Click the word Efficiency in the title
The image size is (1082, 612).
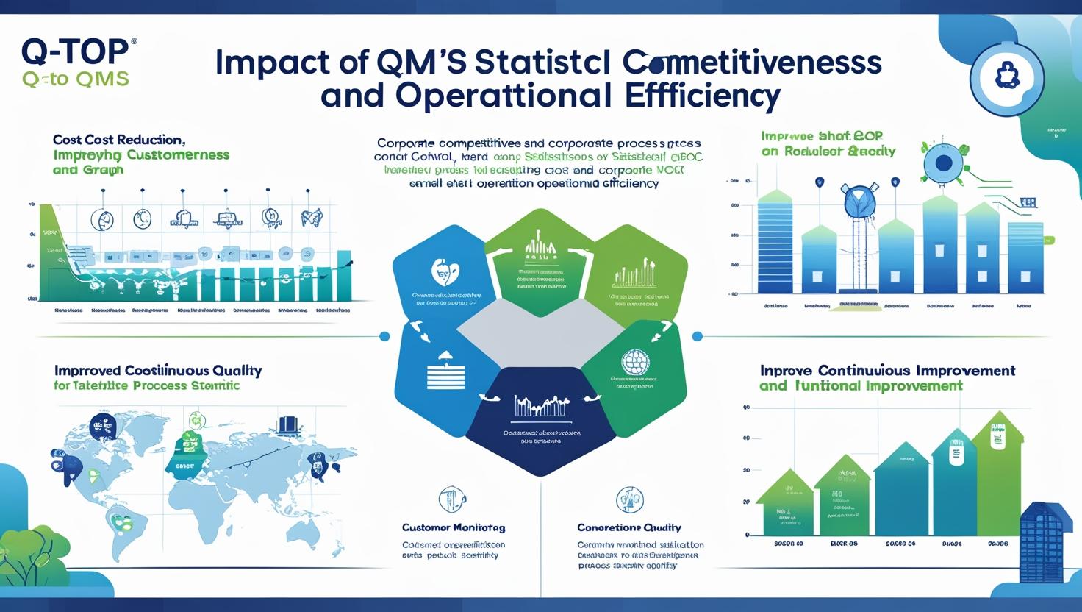(698, 96)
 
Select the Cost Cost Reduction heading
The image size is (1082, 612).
(118, 139)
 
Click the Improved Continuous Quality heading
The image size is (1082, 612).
(157, 370)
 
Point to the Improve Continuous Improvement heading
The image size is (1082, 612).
(887, 370)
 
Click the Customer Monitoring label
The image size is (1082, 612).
(453, 527)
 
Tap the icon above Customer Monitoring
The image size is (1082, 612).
(452, 499)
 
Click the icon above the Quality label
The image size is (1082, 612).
(629, 499)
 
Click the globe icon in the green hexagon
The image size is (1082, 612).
(634, 362)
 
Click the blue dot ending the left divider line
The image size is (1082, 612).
(384, 336)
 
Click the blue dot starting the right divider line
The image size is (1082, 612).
(698, 336)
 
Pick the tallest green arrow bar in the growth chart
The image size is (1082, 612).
(997, 474)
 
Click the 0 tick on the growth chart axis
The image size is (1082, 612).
(747, 535)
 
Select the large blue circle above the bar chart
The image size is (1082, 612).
(944, 163)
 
